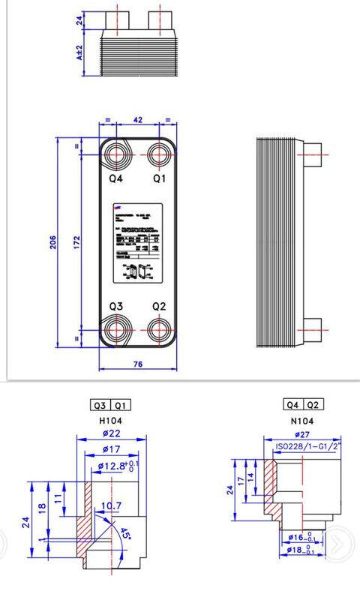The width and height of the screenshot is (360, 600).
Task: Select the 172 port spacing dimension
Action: pyautogui.click(x=76, y=243)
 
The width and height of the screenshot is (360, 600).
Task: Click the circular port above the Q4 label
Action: pyautogui.click(x=116, y=155)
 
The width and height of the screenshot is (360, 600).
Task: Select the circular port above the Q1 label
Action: pyautogui.click(x=159, y=154)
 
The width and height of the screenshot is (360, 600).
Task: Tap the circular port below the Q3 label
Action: pyautogui.click(x=116, y=330)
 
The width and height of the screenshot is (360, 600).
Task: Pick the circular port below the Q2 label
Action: pyautogui.click(x=159, y=329)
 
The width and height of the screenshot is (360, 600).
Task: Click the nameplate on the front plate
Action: pyautogui.click(x=137, y=243)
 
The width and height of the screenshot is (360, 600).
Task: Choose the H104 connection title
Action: pyautogui.click(x=111, y=421)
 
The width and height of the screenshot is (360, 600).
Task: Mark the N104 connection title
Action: pyautogui.click(x=303, y=421)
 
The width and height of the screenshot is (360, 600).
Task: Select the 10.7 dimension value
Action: pyautogui.click(x=111, y=506)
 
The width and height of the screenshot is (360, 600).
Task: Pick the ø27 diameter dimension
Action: pyautogui.click(x=304, y=434)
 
